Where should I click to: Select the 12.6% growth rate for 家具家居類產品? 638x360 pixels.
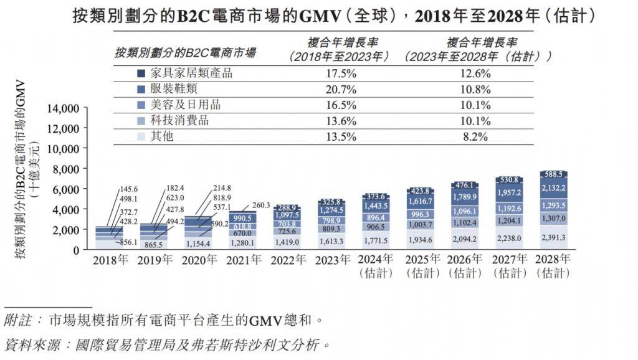[477, 73]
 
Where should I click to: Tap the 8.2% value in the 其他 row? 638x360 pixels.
[477, 136]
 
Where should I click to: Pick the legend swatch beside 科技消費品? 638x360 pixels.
[141, 121]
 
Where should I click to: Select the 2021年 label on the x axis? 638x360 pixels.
[243, 259]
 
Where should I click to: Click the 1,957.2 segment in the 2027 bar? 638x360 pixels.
[509, 194]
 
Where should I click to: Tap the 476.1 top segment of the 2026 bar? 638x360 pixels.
[465, 185]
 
